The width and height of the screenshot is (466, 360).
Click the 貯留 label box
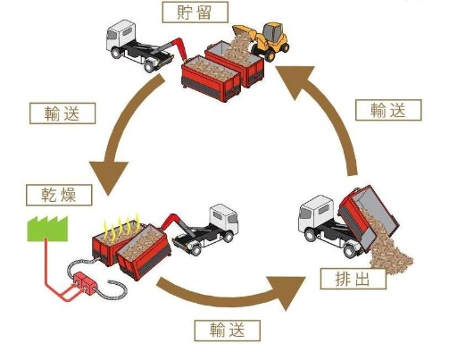pos(195,13)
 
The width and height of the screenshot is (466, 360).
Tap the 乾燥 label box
pos(59,195)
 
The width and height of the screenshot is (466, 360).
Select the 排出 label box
pos(354,279)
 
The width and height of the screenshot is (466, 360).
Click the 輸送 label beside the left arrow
pos(62,113)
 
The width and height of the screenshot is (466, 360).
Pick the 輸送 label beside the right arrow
pos(388,110)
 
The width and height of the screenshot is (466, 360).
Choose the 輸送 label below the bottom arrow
pos(228,331)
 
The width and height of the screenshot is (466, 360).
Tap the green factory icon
pos(47,229)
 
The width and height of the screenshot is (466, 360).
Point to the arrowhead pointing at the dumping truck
pos(287,292)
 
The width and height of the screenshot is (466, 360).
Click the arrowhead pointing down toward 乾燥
pos(109,177)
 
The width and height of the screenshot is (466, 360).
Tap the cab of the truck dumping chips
pos(314,213)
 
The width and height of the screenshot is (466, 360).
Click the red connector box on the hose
pos(85,283)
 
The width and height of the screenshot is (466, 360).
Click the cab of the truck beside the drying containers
pos(224,219)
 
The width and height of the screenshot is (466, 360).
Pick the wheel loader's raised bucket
pos(244,32)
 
